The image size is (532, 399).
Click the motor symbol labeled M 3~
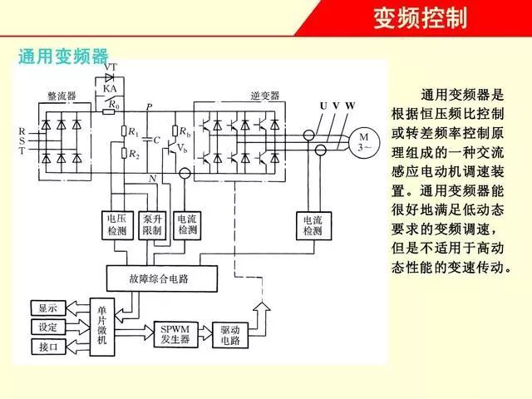click(364, 142)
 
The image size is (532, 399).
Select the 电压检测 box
click(117, 225)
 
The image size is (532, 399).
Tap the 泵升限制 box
click(152, 225)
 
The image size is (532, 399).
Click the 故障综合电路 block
click(162, 278)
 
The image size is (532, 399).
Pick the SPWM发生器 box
click(175, 334)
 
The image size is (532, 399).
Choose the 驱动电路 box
click(230, 335)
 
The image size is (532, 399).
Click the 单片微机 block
click(101, 327)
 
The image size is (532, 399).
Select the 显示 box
click(48, 308)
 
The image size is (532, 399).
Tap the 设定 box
click(48, 327)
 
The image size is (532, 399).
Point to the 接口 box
click(48, 347)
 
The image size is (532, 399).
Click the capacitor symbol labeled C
click(148, 140)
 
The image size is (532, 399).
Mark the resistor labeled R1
click(124, 131)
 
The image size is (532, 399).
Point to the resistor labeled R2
click(124, 153)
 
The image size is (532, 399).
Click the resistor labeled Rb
click(175, 131)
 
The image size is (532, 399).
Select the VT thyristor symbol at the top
click(109, 77)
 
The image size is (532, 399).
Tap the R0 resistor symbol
click(109, 111)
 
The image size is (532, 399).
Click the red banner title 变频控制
click(421, 18)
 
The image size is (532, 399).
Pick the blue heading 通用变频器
click(63, 57)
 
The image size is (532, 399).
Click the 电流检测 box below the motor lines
click(313, 225)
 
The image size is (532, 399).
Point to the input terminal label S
click(22, 140)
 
